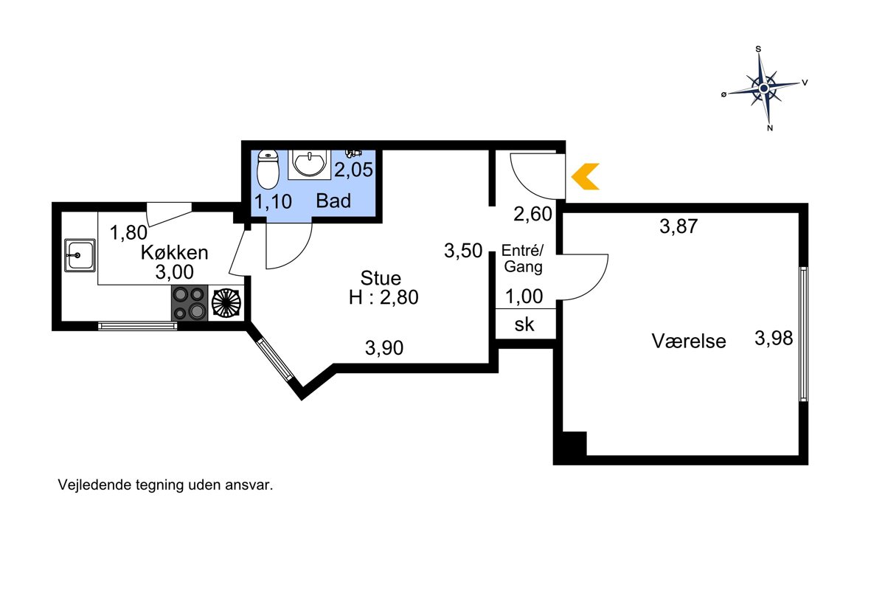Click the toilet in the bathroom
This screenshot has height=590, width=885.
[268, 170]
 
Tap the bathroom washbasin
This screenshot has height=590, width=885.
[310, 164]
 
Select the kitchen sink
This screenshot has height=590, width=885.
[80, 255]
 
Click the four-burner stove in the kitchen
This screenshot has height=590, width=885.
[190, 302]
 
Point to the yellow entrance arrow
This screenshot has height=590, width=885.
[585, 176]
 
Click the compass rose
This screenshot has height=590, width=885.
[764, 88]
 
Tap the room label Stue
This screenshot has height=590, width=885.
[381, 278]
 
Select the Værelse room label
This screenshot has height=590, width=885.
[689, 341]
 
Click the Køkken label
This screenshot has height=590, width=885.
[174, 253]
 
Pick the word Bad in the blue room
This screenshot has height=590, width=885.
[333, 201]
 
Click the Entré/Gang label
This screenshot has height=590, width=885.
[523, 258]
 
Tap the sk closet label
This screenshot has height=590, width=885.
[524, 324]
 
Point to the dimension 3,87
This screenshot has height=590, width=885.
[678, 226]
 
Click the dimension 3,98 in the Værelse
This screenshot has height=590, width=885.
[774, 339]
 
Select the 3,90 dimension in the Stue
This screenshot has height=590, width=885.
[384, 348]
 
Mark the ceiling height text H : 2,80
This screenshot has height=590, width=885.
[383, 297]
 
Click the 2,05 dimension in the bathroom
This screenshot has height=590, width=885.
[353, 170]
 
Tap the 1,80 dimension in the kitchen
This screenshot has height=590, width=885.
[128, 232]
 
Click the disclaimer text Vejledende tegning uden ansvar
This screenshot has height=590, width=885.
[165, 485]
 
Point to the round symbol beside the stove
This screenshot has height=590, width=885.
[226, 303]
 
